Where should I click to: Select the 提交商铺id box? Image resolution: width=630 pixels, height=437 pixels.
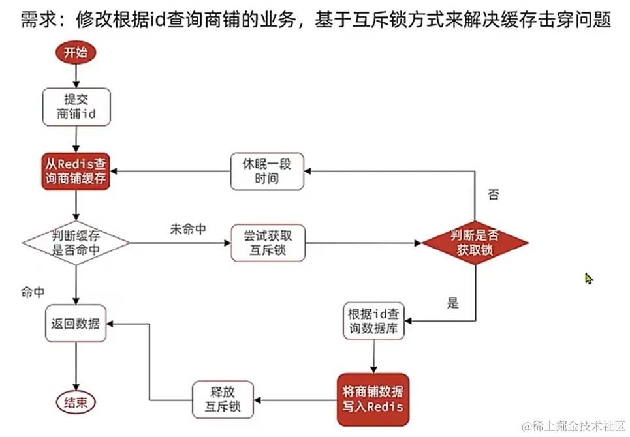click(76, 107)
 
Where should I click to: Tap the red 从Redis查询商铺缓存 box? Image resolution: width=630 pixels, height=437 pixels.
click(76, 172)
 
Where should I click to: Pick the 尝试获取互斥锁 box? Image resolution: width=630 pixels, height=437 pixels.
click(268, 243)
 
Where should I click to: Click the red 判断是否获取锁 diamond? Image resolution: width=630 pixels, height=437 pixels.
click(475, 243)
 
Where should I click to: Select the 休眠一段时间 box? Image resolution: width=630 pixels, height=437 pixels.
click(268, 172)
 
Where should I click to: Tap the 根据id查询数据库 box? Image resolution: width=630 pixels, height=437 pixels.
click(374, 321)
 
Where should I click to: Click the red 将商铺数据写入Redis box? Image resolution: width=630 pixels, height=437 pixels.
click(373, 399)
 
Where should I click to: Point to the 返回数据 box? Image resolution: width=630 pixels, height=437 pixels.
click(76, 323)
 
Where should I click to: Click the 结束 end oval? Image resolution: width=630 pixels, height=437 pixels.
click(75, 401)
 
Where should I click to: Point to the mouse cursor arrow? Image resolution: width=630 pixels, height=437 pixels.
click(588, 279)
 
